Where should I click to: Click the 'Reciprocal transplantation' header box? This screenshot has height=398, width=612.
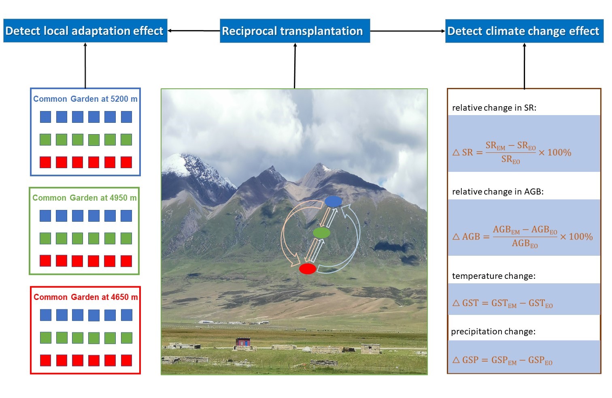coord(295,31)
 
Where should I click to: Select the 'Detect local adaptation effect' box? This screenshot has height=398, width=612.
coord(85,31)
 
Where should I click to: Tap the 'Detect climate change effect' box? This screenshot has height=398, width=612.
coord(524,31)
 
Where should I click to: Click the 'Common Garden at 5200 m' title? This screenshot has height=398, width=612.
coord(85,99)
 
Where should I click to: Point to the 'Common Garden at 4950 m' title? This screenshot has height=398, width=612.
coord(85,198)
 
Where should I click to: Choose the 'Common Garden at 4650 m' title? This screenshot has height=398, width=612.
coord(85,297)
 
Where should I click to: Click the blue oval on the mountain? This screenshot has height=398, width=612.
coord(334,201)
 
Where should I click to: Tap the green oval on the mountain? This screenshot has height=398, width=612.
coord(321,233)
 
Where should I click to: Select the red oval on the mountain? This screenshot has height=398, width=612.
coord(308,269)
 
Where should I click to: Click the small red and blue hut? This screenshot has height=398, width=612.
coord(243,342)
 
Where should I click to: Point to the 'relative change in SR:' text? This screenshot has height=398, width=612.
coord(494,108)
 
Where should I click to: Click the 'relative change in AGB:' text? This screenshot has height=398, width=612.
coord(498,192)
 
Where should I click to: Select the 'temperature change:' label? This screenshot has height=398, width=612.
coord(494,276)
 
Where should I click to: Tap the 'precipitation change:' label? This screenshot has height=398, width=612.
coord(493,332)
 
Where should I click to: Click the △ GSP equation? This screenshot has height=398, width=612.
coord(502,360)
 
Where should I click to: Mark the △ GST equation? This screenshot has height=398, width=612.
coord(502,303)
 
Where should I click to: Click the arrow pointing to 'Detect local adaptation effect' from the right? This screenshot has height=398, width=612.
coord(194,31)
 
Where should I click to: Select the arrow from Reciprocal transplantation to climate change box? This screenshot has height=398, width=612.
coord(408,31)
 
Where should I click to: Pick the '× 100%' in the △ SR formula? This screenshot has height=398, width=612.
coord(555,152)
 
